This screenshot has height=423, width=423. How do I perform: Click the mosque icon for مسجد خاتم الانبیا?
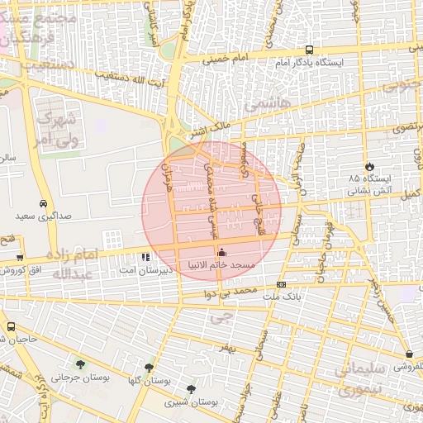(x=221, y=253)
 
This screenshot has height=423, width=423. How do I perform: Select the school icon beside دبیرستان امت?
(x=147, y=257)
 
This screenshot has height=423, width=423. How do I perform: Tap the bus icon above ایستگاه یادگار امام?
(x=309, y=49)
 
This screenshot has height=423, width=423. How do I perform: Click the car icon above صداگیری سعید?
(x=42, y=203)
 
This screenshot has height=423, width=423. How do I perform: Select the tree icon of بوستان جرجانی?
(x=80, y=364)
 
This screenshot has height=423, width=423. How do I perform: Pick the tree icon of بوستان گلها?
(x=149, y=368)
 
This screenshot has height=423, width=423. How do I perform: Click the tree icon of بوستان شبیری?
(x=191, y=389)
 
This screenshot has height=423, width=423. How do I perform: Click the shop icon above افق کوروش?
(x=19, y=257)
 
